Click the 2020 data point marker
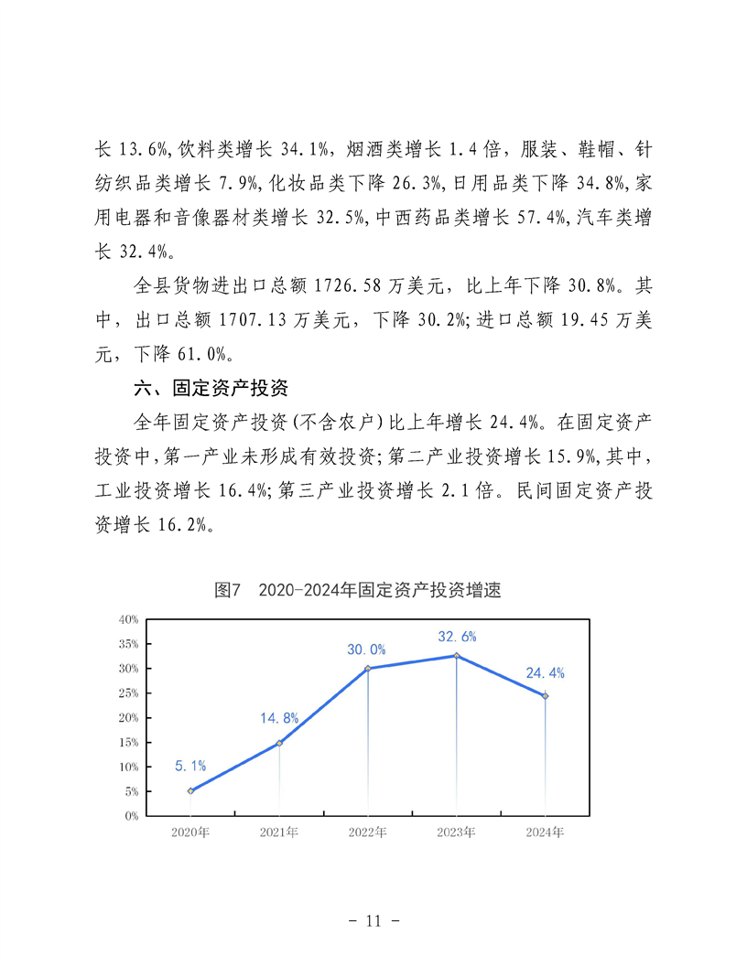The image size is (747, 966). pyautogui.click(x=190, y=790)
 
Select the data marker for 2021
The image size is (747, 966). pyautogui.click(x=279, y=743)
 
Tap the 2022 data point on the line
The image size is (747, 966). pyautogui.click(x=368, y=669)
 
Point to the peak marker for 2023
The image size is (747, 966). pyautogui.click(x=456, y=656)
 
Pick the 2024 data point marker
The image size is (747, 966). pyautogui.click(x=545, y=696)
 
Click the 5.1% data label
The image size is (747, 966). pyautogui.click(x=190, y=765)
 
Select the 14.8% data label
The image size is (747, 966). pyautogui.click(x=279, y=718)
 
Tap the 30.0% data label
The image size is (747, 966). pyautogui.click(x=366, y=649)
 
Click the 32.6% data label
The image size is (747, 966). pyautogui.click(x=457, y=637)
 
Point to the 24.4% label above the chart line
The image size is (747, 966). pyautogui.click(x=545, y=673)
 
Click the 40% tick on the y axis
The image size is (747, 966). pyautogui.click(x=128, y=619)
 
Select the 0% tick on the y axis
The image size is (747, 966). pyautogui.click(x=131, y=816)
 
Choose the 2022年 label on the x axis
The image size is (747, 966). pyautogui.click(x=368, y=833)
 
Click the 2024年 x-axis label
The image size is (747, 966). pyautogui.click(x=545, y=833)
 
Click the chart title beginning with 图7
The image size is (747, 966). pyautogui.click(x=358, y=591)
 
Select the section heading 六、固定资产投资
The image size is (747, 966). pyautogui.click(x=211, y=389)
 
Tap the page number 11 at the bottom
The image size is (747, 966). pyautogui.click(x=373, y=921)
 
